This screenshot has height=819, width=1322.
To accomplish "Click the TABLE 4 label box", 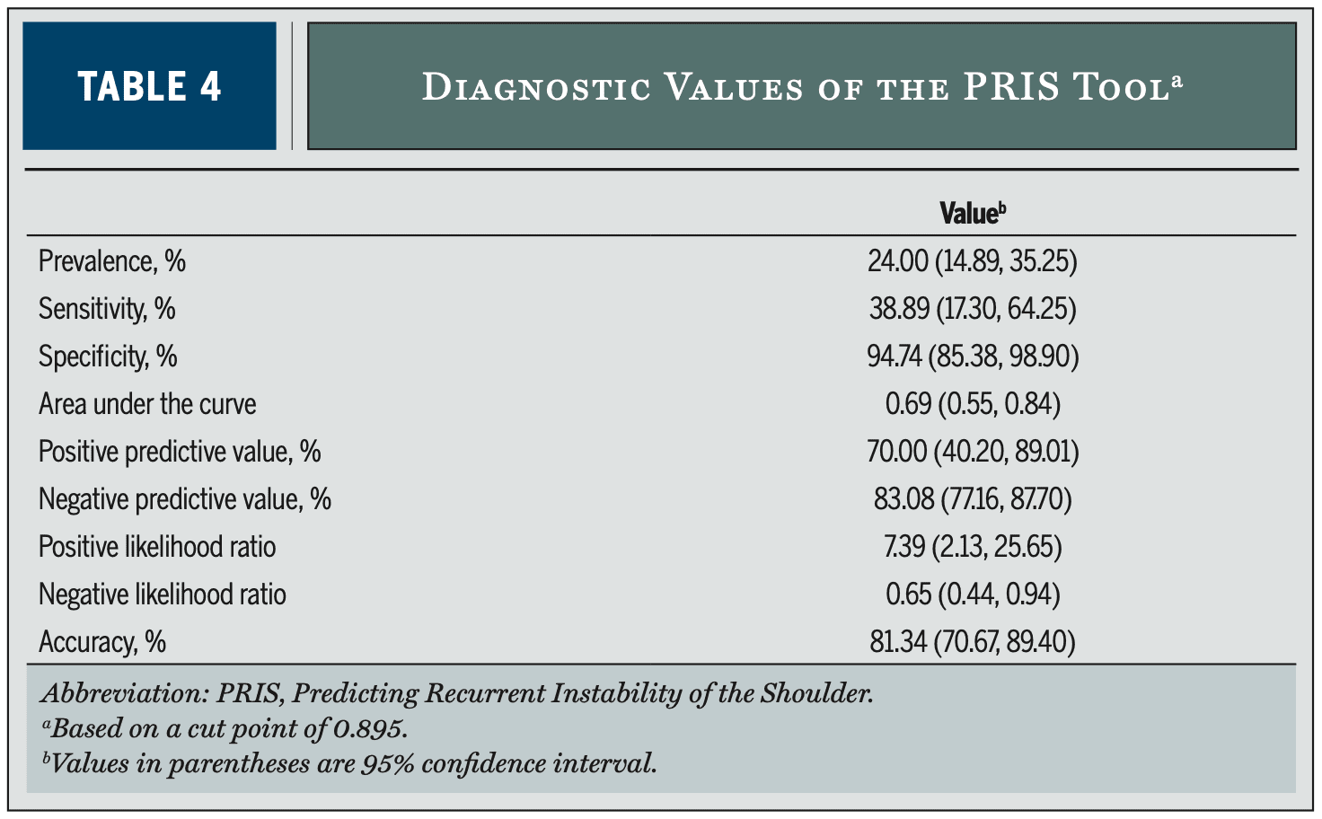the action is [149, 86].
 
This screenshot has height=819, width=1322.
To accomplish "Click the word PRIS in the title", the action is [1011, 87].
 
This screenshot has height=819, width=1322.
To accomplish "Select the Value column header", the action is [973, 213].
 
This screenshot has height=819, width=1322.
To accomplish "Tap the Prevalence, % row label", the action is [112, 260].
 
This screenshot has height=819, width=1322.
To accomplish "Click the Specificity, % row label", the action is [108, 357].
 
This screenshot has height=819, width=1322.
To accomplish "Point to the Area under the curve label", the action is [147, 404].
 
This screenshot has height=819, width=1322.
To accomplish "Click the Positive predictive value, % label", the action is [180, 452].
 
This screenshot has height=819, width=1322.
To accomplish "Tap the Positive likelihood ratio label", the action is [157, 546].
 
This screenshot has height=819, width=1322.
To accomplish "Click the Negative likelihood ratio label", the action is [163, 594].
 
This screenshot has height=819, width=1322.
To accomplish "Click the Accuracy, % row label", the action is [102, 642].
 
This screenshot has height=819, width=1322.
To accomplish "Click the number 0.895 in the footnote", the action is [370, 729].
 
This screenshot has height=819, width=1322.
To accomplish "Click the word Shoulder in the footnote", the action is [816, 694].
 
